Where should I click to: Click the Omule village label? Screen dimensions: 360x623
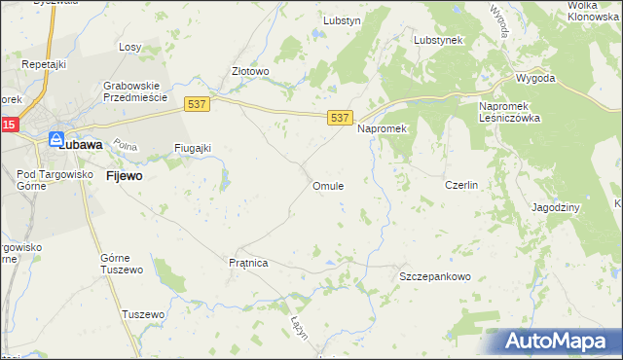coord(327,186)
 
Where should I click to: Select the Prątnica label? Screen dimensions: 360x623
coord(247,263)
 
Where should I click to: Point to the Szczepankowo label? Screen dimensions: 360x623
coord(435,276)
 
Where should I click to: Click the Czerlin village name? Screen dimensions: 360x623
coord(460,185)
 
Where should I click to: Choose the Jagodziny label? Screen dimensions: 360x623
coord(556,207)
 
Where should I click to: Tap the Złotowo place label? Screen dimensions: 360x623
coord(249,71)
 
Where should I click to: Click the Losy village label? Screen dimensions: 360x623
coord(130,47)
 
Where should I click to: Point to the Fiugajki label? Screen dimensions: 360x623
coord(192,148)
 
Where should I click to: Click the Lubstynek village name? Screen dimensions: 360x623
coord(438,40)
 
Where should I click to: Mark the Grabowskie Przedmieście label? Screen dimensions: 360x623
coord(136,91)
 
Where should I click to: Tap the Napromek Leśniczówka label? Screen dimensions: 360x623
coord(510,112)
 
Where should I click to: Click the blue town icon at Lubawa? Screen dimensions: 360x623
coord(55,140)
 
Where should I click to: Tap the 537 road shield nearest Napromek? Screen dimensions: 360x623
coord(339,118)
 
